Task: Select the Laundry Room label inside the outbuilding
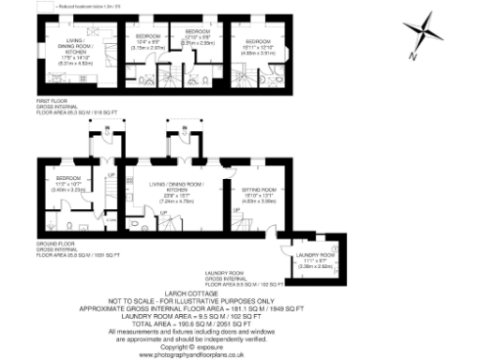(x=314, y=255)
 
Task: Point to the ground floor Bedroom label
(x=68, y=177)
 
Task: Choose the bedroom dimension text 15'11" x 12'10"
(x=261, y=47)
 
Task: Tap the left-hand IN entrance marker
(x=107, y=127)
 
